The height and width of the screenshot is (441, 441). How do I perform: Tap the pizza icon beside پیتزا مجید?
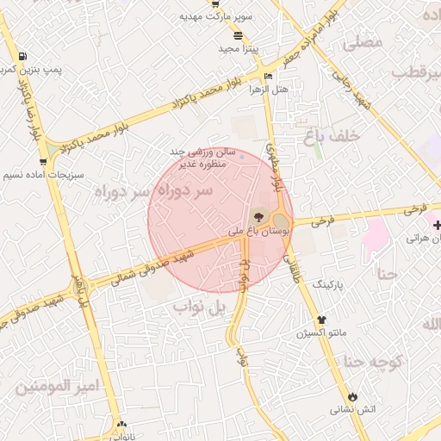[x=238, y=35]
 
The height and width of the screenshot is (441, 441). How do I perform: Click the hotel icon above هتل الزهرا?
[x=269, y=77]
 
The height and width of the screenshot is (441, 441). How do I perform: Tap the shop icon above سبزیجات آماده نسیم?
[x=43, y=161]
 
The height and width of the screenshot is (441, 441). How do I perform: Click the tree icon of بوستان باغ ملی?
[x=259, y=216]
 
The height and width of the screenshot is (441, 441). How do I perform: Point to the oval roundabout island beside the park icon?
[x=280, y=220]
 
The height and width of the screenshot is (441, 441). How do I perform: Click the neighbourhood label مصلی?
[x=363, y=41]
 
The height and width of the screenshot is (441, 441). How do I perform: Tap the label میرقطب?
[x=416, y=71]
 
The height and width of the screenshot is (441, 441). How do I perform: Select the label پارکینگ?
[x=327, y=283]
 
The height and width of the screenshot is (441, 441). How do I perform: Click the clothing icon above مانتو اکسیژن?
[x=321, y=320]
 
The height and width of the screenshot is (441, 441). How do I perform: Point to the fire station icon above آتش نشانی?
[x=351, y=397]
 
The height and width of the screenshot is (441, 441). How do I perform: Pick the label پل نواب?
[x=199, y=306]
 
